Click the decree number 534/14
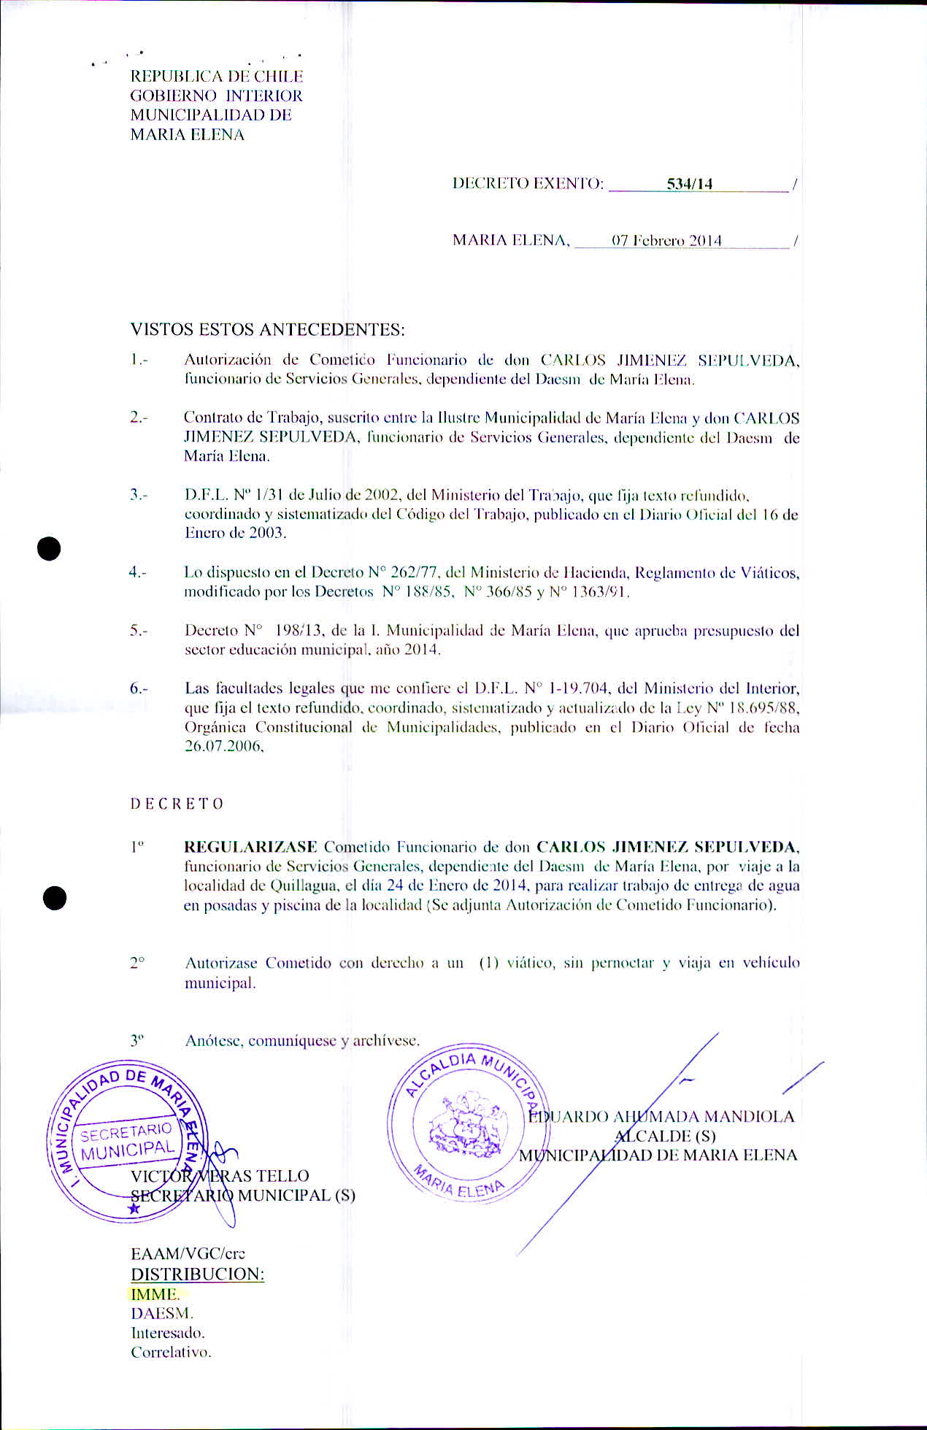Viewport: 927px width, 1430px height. (x=689, y=184)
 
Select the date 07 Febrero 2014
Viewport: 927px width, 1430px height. (x=666, y=241)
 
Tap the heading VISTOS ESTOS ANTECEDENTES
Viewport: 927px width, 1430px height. (x=267, y=329)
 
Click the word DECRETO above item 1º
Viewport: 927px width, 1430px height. (x=177, y=804)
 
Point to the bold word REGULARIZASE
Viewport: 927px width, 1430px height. (x=250, y=847)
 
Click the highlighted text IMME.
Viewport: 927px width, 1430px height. (x=155, y=1294)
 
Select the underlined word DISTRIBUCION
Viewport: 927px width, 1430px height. (x=197, y=1274)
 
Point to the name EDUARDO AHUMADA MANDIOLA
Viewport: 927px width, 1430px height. (x=661, y=1116)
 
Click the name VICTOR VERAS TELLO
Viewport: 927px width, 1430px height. (x=220, y=1175)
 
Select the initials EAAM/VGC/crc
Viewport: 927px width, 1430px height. (x=188, y=1254)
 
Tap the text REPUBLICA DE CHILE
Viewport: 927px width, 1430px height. (x=216, y=76)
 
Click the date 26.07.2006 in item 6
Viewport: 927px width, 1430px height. (x=223, y=747)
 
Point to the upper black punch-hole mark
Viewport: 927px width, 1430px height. (x=49, y=548)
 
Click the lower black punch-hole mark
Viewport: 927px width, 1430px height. (x=54, y=898)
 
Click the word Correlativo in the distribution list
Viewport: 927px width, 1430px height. (x=171, y=1352)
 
